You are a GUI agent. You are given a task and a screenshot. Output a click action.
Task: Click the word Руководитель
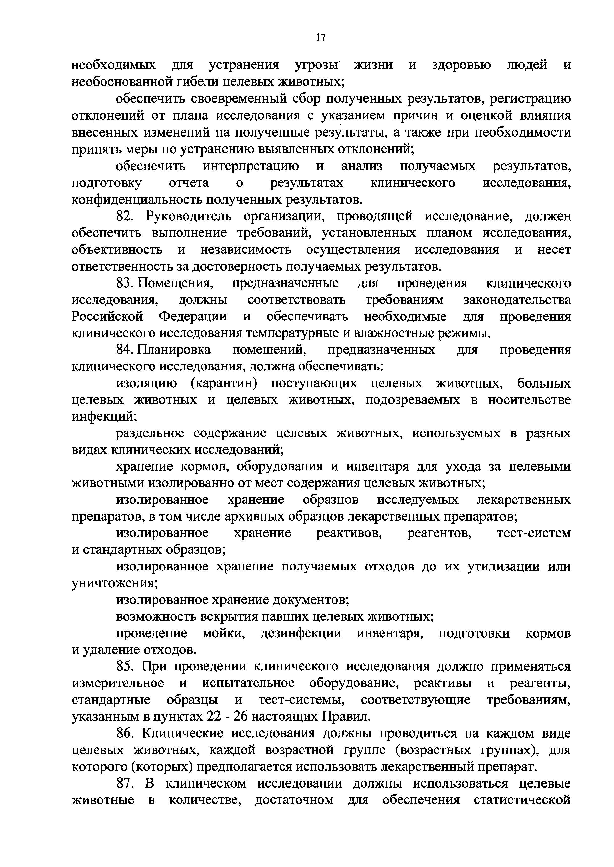tap(190, 216)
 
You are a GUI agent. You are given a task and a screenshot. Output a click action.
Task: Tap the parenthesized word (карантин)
tap(224, 384)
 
